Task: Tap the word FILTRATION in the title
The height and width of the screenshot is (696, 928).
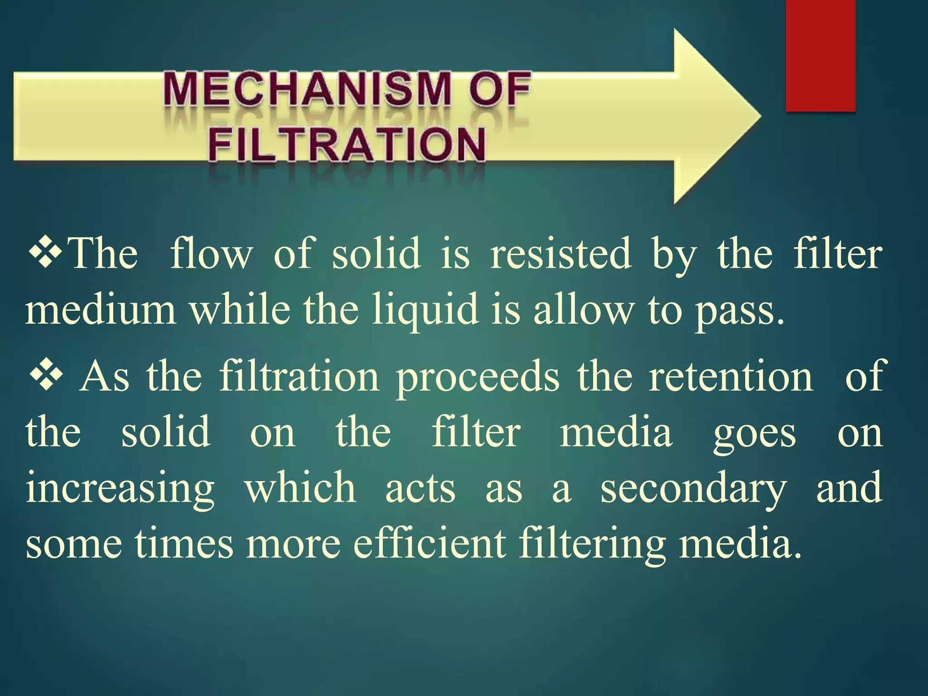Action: click(x=347, y=145)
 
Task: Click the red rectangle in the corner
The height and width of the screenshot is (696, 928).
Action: click(x=820, y=55)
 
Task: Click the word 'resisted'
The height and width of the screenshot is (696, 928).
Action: click(x=561, y=254)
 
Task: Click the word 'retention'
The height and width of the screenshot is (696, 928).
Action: click(x=731, y=376)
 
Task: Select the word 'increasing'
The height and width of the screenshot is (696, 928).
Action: click(x=120, y=489)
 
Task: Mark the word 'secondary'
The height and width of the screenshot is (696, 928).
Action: click(x=693, y=489)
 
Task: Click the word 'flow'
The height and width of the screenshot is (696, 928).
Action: click(x=211, y=254)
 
